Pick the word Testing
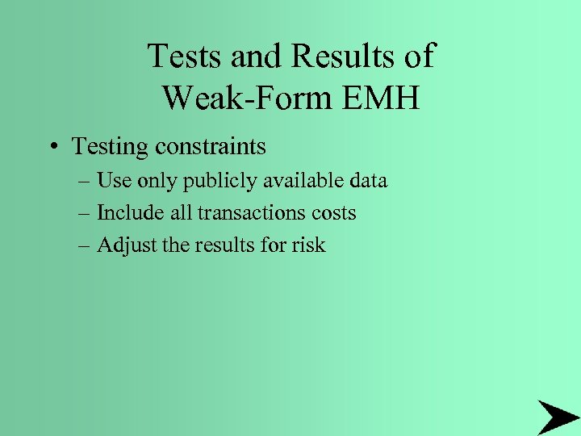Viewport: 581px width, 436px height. pyautogui.click(x=110, y=148)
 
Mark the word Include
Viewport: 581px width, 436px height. pyautogui.click(x=127, y=212)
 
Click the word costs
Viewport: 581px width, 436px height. pyautogui.click(x=335, y=213)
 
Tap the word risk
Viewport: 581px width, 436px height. pyautogui.click(x=308, y=245)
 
